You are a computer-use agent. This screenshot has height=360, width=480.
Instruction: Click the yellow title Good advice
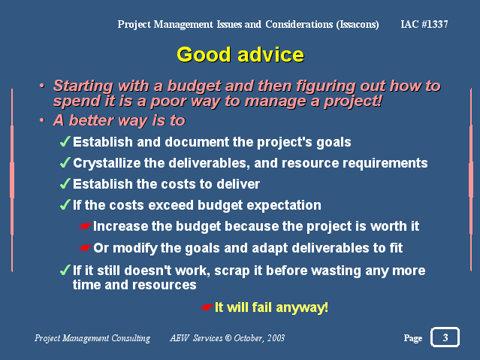(240, 55)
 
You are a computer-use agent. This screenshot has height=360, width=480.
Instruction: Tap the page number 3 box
(445, 337)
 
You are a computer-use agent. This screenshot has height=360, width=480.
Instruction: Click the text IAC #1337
(424, 24)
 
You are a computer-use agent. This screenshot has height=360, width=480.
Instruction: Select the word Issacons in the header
(358, 25)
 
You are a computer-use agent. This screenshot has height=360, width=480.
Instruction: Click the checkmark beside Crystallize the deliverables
(65, 162)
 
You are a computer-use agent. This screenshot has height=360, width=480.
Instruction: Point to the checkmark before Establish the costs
(65, 183)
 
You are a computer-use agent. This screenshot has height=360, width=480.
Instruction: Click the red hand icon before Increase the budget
(85, 226)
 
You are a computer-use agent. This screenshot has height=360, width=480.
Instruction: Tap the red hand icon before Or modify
(85, 248)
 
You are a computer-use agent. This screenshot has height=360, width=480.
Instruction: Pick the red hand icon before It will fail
(207, 307)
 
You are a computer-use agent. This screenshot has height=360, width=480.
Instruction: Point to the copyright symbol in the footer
(228, 338)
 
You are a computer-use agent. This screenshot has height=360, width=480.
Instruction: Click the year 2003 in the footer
(276, 338)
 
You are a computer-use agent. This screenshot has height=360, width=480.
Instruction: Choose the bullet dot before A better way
(41, 120)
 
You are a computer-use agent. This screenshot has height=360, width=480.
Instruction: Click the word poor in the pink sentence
(168, 101)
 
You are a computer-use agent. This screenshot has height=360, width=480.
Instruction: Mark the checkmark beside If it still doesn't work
(65, 271)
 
